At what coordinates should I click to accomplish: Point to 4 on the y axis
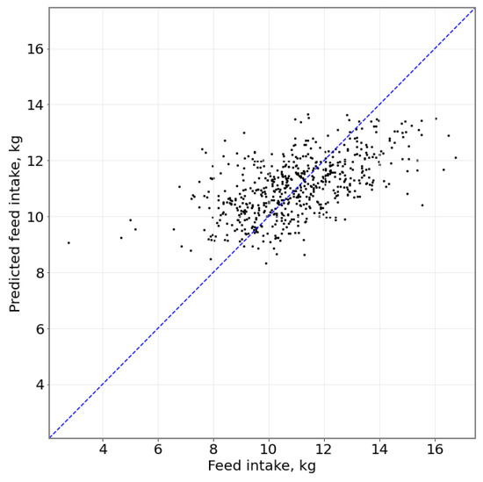pyautogui.click(x=36, y=385)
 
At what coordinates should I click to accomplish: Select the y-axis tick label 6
pyautogui.click(x=36, y=328)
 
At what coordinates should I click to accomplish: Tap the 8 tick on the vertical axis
pyautogui.click(x=36, y=272)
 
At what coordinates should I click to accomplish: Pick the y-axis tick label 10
pyautogui.click(x=32, y=216)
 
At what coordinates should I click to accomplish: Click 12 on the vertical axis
pyautogui.click(x=32, y=161)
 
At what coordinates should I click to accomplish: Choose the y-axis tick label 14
pyautogui.click(x=32, y=104)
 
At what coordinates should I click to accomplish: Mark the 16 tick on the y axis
pyautogui.click(x=32, y=48)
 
